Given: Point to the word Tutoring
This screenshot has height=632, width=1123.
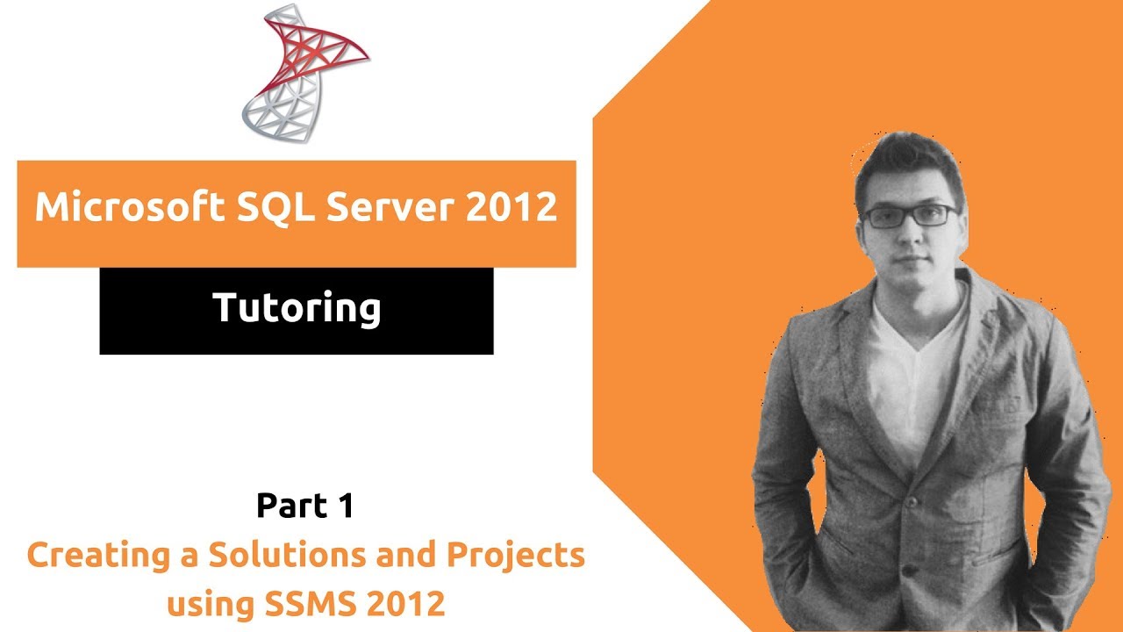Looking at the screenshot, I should click(297, 309).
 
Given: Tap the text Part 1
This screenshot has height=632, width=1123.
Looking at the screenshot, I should click(304, 506).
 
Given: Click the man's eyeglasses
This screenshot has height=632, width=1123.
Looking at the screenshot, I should click(909, 214).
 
